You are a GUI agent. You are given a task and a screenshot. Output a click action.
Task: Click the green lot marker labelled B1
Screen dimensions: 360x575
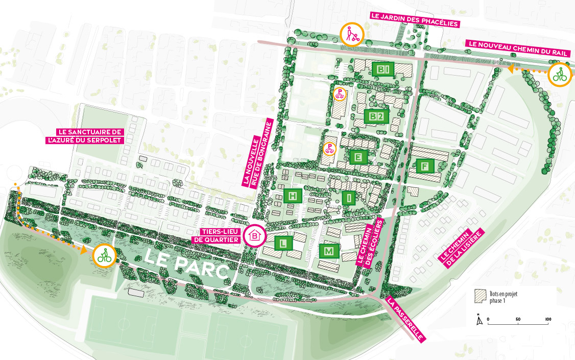384,69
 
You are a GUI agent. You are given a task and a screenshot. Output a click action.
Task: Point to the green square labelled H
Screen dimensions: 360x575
293,196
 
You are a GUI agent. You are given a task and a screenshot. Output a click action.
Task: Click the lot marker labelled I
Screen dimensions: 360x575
349,198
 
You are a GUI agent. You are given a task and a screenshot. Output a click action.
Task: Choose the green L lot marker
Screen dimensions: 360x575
283,243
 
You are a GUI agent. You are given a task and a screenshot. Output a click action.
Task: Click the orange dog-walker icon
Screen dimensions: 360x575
351,34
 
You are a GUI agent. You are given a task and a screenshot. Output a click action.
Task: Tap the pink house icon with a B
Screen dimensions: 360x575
256,235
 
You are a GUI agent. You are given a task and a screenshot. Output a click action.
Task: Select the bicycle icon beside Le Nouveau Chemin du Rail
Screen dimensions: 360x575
560,76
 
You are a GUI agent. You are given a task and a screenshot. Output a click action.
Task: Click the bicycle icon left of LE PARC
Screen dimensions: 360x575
104,255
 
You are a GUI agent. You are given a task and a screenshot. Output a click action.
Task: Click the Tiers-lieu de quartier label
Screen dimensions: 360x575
221,235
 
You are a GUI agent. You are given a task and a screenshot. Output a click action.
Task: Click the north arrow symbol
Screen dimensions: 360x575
478,320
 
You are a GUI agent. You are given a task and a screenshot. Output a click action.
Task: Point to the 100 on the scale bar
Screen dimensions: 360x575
548,319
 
